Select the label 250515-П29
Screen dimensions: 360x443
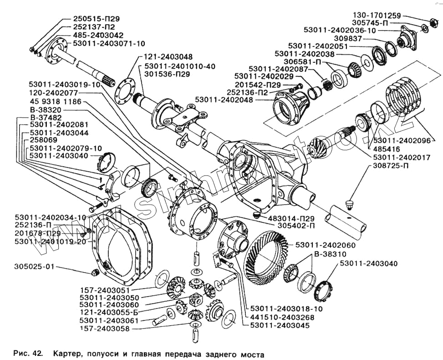(x=96, y=20)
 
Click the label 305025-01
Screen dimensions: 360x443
(x=35, y=267)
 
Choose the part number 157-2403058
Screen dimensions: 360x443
(x=104, y=329)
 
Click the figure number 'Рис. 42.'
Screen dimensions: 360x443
(x=28, y=353)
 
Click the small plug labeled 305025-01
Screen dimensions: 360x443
(x=95, y=273)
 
